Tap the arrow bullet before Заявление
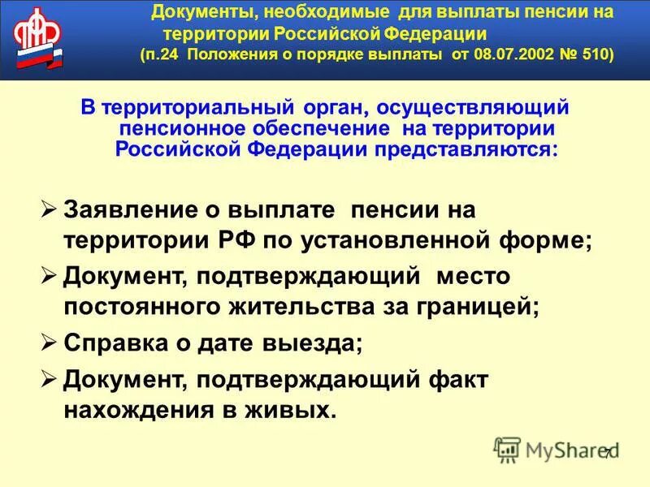pos(50,209)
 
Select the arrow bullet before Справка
pos(50,342)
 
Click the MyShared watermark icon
pos(508,449)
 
